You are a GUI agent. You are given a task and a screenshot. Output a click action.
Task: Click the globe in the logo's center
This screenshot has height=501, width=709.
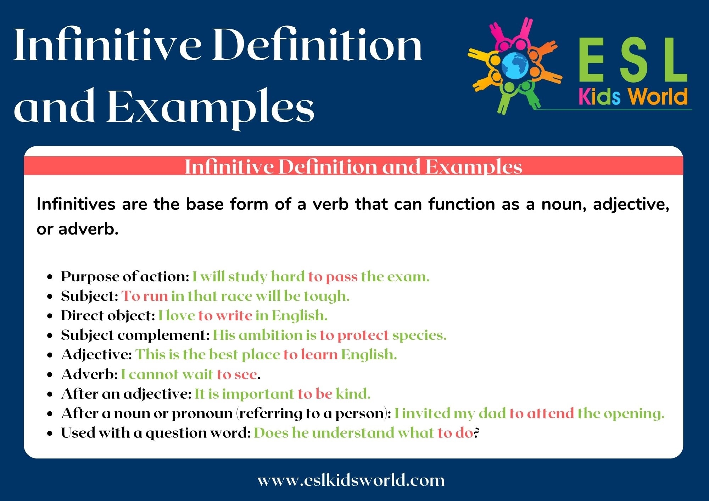(514, 66)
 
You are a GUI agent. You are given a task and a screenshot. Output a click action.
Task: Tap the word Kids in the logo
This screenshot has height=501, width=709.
(599, 97)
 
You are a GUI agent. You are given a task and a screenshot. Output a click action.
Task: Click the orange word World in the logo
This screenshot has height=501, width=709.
(658, 97)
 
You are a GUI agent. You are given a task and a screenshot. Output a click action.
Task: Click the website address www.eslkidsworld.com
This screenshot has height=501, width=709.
(351, 480)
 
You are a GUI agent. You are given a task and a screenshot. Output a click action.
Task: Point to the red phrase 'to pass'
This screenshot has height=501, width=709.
(333, 277)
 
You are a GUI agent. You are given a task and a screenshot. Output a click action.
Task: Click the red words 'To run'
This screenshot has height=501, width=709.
(145, 296)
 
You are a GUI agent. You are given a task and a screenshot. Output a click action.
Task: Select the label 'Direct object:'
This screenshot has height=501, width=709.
(108, 316)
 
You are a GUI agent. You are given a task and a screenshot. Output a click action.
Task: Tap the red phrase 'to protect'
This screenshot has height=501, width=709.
(354, 335)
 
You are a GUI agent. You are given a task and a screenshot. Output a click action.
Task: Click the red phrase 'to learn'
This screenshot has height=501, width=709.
(310, 355)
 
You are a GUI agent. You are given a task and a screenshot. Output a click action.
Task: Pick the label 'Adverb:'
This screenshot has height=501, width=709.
(89, 375)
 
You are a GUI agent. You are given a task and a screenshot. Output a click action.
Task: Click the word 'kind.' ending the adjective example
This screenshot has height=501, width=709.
(353, 394)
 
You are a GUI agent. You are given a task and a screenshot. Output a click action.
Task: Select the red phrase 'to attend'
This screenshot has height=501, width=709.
(541, 413)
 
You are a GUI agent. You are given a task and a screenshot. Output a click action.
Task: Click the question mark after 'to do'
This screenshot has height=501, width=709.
(477, 433)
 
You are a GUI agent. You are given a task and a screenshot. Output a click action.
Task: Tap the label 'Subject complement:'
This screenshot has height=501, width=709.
(135, 335)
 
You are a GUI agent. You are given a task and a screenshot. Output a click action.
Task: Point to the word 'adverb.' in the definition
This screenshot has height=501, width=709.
(88, 229)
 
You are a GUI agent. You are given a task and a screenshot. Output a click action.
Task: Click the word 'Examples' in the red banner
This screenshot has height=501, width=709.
(473, 167)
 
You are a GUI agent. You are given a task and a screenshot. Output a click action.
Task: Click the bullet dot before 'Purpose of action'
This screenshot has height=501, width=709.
(50, 277)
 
